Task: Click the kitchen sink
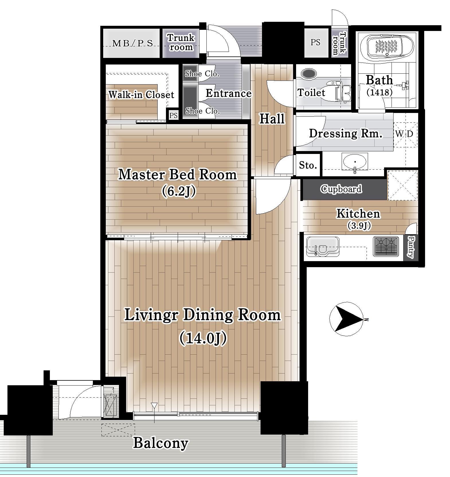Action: (x=322, y=246)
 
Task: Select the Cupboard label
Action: (x=341, y=189)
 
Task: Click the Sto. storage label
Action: (x=308, y=165)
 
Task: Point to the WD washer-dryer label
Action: (x=404, y=134)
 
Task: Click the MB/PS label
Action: (x=132, y=43)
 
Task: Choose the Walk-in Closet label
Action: (x=141, y=95)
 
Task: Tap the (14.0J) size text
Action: (x=203, y=338)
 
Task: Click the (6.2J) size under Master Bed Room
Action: (x=179, y=191)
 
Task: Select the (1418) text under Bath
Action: (x=379, y=92)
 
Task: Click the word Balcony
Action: (x=161, y=443)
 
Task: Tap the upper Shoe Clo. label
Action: (x=202, y=74)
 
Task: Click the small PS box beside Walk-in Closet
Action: (x=173, y=116)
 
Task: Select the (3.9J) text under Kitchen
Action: (x=359, y=226)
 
